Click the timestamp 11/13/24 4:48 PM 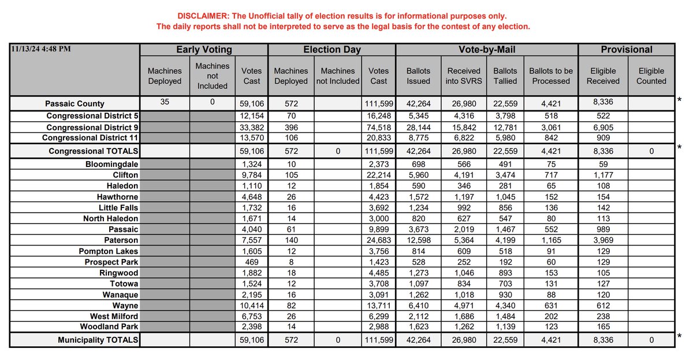point(41,49)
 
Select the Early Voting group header point(204,50)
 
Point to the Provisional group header point(627,50)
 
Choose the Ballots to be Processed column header point(551,76)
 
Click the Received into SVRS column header point(464,76)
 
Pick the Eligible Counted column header point(651,76)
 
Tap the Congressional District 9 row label point(92,127)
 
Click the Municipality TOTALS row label point(98,340)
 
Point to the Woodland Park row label point(110,328)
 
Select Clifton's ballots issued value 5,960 point(419,175)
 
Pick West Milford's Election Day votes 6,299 point(379,317)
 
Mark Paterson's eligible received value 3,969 point(603,240)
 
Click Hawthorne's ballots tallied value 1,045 point(505,196)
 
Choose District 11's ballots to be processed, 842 point(551,138)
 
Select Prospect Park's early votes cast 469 point(252,262)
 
